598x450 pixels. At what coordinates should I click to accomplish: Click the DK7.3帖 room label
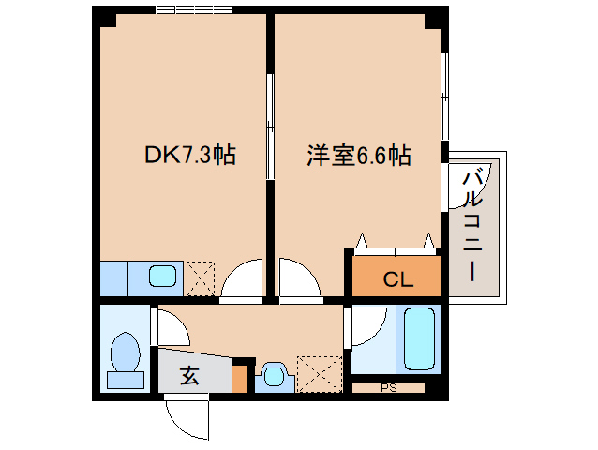pos(188,155)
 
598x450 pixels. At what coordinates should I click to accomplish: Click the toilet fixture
pos(124,360)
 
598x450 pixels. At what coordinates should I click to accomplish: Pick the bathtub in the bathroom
pos(419,338)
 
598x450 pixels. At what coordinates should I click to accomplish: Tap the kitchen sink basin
pos(163,277)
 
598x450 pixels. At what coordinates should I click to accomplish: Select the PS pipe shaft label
pos(388,386)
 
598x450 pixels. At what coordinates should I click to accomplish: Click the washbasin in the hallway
pos(273,376)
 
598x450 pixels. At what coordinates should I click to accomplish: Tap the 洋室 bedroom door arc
pos(299,280)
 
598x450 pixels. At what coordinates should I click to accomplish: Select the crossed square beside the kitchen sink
pos(201,277)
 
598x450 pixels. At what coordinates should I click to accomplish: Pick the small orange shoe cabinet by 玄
pos(240,378)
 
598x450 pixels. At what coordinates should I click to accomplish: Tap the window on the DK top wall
pos(194,10)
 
